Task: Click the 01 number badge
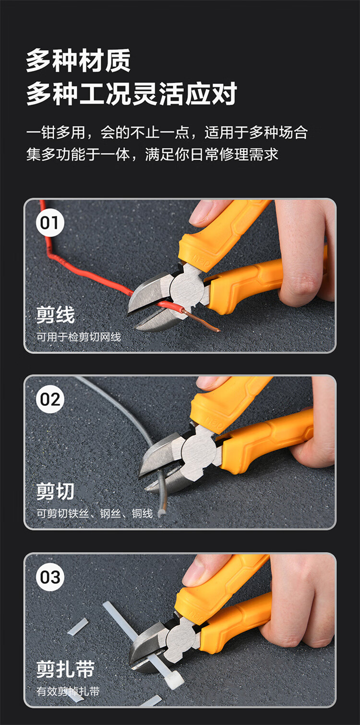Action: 50,223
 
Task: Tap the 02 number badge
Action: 50,399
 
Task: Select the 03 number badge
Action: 50,577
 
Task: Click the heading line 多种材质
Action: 78,60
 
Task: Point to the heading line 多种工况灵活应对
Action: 132,94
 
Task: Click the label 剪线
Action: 55,315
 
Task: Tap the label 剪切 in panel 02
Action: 55,491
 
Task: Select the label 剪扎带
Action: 65,669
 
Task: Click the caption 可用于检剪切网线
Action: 78,337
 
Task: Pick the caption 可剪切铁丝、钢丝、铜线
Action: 94,514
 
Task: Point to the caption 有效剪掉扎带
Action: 68,691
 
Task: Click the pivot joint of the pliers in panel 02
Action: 198,451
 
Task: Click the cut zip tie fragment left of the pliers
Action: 78,627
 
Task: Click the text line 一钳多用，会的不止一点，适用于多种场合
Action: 167,132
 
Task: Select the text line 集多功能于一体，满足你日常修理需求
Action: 152,154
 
